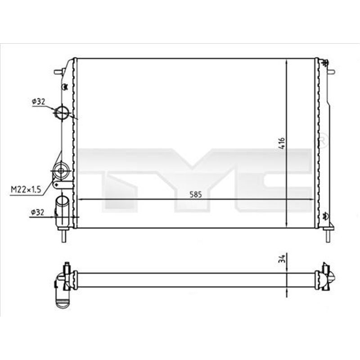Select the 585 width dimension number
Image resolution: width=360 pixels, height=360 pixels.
pyautogui.click(x=195, y=194)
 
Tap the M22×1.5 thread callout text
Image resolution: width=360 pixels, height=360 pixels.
pyautogui.click(x=26, y=190)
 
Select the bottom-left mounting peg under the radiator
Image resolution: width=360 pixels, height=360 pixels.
pyautogui.click(x=64, y=235)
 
